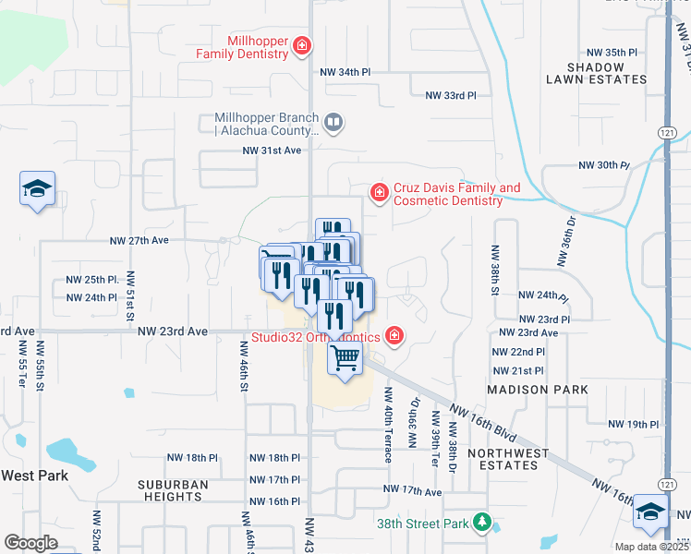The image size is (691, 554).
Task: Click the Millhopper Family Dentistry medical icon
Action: pos(301,45)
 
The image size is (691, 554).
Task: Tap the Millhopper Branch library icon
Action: pos(333,121)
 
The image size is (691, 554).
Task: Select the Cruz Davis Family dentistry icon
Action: pos(378,192)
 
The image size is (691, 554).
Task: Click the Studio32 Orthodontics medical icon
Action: pos(394,334)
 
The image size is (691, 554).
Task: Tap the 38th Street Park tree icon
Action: pos(480,523)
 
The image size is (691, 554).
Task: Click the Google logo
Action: pos(31,542)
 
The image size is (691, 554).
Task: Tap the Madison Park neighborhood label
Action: pos(538,391)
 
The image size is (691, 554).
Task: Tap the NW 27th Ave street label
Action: pos(139,240)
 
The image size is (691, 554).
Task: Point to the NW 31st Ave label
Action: pos(273,151)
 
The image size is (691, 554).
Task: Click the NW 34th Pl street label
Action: pos(345,71)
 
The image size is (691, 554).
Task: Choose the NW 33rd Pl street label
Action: pos(451,95)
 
